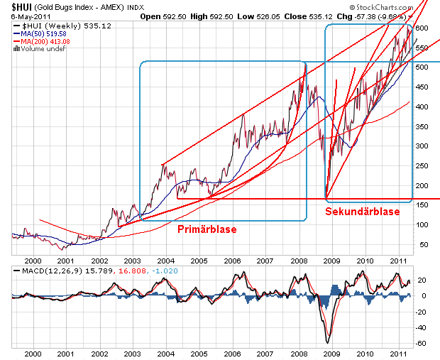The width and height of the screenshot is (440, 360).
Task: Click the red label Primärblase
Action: (207, 229)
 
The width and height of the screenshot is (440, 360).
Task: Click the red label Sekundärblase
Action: (362, 212)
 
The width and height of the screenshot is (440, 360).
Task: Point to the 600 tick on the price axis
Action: (422, 28)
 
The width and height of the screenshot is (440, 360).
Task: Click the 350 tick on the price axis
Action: (422, 126)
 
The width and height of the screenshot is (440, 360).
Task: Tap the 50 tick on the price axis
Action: (420, 244)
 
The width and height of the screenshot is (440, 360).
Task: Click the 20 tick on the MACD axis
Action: (422, 280)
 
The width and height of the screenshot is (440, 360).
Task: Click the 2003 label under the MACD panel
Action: (131, 353)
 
